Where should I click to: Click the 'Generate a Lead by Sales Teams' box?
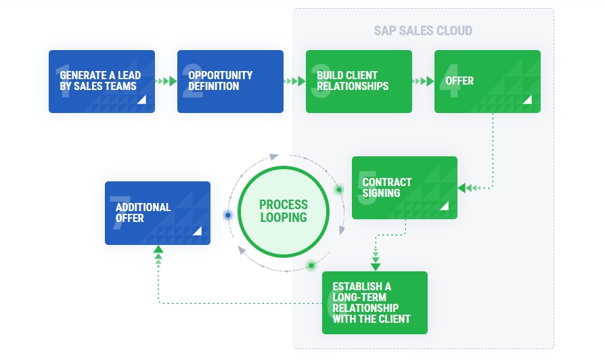click(102, 81)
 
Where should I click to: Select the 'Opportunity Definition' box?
click(230, 81)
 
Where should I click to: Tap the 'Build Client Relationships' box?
click(359, 81)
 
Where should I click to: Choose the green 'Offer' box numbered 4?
click(487, 81)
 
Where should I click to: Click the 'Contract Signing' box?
click(405, 187)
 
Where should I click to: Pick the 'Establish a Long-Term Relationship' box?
click(375, 302)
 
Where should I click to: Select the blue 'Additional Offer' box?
click(158, 212)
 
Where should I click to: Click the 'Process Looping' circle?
click(283, 211)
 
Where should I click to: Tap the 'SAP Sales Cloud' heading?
click(423, 30)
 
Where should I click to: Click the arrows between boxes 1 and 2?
click(166, 81)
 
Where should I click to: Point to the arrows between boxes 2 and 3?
click(294, 81)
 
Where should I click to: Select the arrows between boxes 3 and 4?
click(423, 81)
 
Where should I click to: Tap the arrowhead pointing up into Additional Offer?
click(158, 250)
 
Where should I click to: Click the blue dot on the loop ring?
click(228, 215)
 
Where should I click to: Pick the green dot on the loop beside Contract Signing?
click(339, 189)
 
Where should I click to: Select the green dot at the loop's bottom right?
click(311, 265)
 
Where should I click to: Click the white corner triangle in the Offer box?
click(527, 99)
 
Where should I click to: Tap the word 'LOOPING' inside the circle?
click(283, 218)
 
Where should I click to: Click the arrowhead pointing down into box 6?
click(376, 266)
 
